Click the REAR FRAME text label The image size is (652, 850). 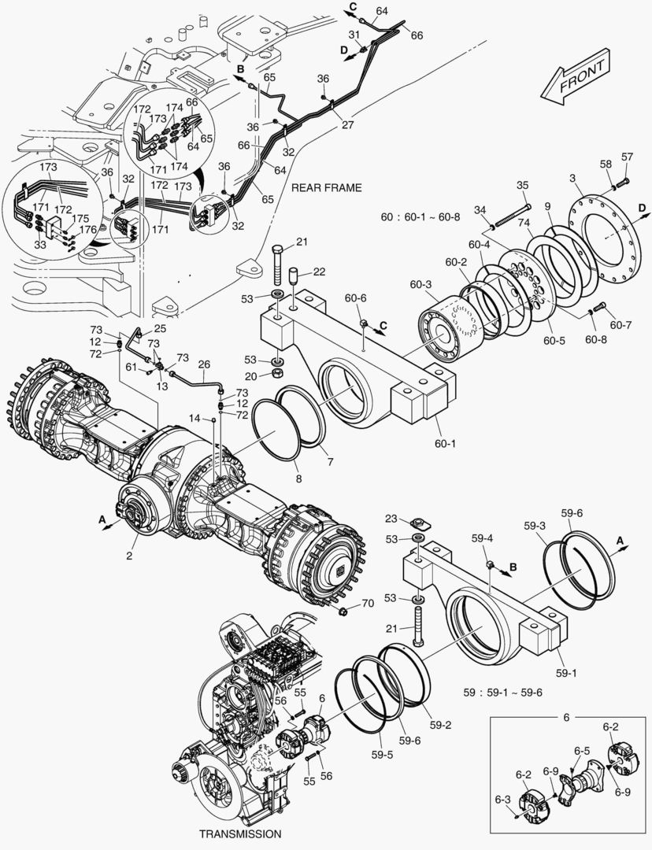point(326,187)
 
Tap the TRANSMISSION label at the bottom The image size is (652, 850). point(239,833)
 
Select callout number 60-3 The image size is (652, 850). point(420,284)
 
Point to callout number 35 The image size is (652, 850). point(522,185)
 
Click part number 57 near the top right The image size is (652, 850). point(627,157)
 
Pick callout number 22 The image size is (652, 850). point(319,272)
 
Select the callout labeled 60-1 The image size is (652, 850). point(445,443)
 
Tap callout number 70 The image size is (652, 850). point(367,604)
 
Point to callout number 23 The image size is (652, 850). point(391,519)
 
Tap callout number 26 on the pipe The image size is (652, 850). point(204,364)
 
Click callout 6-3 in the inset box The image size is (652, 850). point(502,800)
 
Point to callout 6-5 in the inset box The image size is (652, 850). point(582,750)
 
